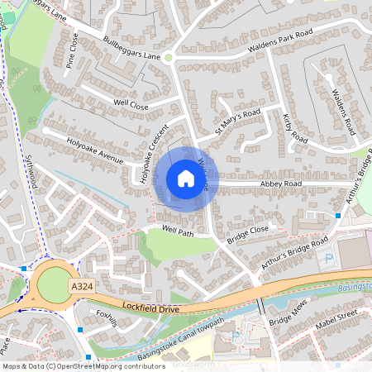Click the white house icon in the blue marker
click(185, 178)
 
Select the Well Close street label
click(131, 106)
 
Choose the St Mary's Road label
click(237, 121)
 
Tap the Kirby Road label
click(294, 127)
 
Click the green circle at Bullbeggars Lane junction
click(168, 57)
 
